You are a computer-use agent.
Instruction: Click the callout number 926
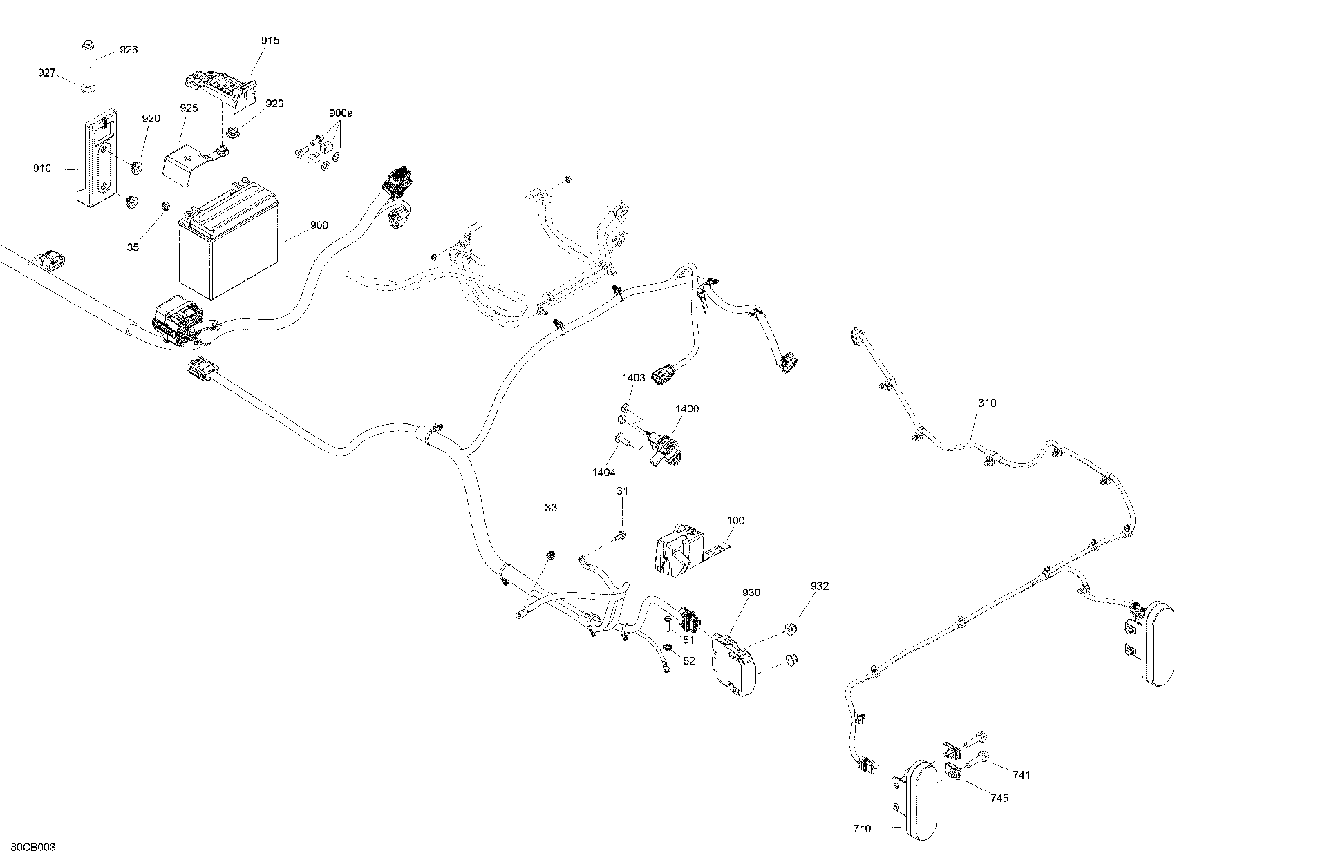coord(129,50)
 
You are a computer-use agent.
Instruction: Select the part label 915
coord(270,41)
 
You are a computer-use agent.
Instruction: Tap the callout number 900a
coord(340,113)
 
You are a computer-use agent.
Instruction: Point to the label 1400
coord(687,409)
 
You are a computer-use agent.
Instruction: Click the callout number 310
coord(987,403)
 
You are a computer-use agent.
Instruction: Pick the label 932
coord(820,587)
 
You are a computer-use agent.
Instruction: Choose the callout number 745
coord(999,798)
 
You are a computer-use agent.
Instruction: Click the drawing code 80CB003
coord(34,847)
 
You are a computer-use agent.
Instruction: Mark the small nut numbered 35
coord(165,206)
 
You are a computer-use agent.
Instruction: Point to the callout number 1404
coord(604,473)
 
